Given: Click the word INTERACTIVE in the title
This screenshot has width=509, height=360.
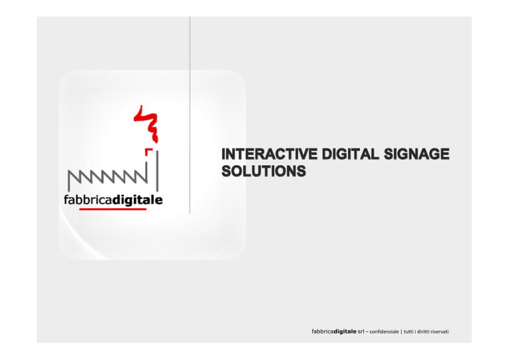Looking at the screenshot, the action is tap(270, 154).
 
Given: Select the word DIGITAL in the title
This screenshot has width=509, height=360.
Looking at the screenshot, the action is tap(350, 154).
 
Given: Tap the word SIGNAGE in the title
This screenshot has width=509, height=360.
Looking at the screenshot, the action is tap(417, 154).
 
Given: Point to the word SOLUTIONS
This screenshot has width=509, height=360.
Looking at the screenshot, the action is tap(264, 171).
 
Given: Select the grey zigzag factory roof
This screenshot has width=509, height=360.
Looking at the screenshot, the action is tap(108, 177).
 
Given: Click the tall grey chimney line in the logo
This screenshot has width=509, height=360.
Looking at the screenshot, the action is tap(158, 171).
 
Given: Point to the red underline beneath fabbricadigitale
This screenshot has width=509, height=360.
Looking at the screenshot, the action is tap(113, 209).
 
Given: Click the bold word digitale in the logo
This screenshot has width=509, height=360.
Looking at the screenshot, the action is tap(138, 200).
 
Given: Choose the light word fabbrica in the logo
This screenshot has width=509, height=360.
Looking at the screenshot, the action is tap(88, 200).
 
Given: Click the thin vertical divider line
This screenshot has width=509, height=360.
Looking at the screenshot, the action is tap(190, 115).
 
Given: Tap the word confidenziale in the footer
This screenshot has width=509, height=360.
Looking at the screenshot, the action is tap(384, 331).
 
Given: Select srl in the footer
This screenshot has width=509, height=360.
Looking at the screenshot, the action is tap(361, 331).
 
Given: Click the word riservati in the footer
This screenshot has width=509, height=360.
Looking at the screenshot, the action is tap(439, 331).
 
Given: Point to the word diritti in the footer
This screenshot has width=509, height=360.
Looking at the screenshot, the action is tap(423, 331).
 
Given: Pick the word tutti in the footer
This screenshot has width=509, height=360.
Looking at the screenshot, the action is tap(409, 331).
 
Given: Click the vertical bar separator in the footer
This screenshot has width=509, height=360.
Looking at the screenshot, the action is tap(401, 331).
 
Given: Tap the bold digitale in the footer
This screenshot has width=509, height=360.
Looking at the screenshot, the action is tap(345, 331).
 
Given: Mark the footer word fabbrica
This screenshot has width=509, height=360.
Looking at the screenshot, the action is tap(323, 331).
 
